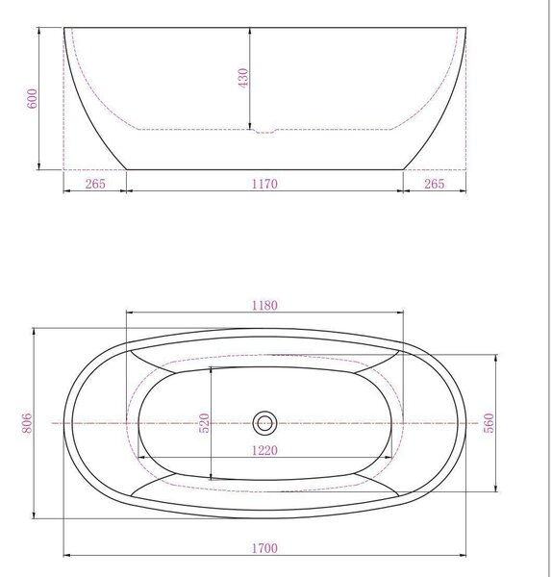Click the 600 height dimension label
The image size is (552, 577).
[x=32, y=99]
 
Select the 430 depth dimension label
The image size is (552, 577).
[x=243, y=78]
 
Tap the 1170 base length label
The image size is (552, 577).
[x=264, y=184]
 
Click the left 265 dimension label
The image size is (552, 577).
[x=95, y=184]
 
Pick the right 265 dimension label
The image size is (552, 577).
[x=435, y=184]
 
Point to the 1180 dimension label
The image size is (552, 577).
[x=264, y=306]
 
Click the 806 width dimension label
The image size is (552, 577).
[x=27, y=423]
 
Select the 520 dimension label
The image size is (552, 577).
[x=204, y=423]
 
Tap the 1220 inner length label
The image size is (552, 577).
[x=264, y=450]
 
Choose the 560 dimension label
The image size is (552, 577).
[x=489, y=423]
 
